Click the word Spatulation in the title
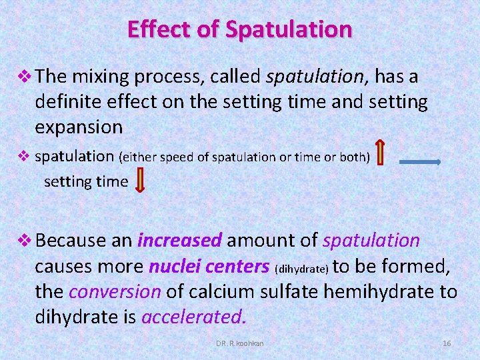click(289, 30)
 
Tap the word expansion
click(79, 127)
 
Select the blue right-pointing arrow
click(419, 161)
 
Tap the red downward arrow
click(140, 181)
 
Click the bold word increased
click(179, 240)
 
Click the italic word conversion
click(115, 292)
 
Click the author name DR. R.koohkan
click(240, 343)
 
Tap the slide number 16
click(447, 343)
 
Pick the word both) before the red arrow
click(351, 157)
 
